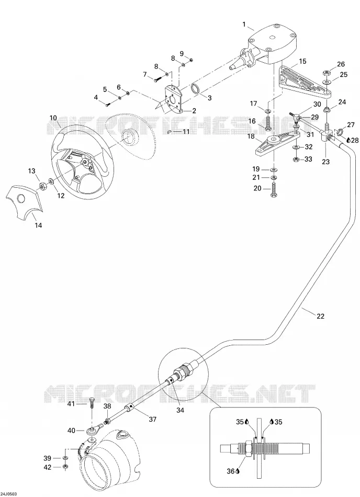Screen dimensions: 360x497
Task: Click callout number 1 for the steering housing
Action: point(244,25)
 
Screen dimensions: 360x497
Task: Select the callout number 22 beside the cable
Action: point(320,316)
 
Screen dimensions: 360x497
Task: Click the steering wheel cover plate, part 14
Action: point(25,202)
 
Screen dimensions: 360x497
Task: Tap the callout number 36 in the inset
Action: point(230,471)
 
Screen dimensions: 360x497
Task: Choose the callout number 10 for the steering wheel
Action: point(53,118)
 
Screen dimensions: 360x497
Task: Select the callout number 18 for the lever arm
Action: point(251,136)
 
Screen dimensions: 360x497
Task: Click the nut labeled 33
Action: point(295,159)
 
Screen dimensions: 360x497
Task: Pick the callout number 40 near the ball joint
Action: point(71,431)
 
